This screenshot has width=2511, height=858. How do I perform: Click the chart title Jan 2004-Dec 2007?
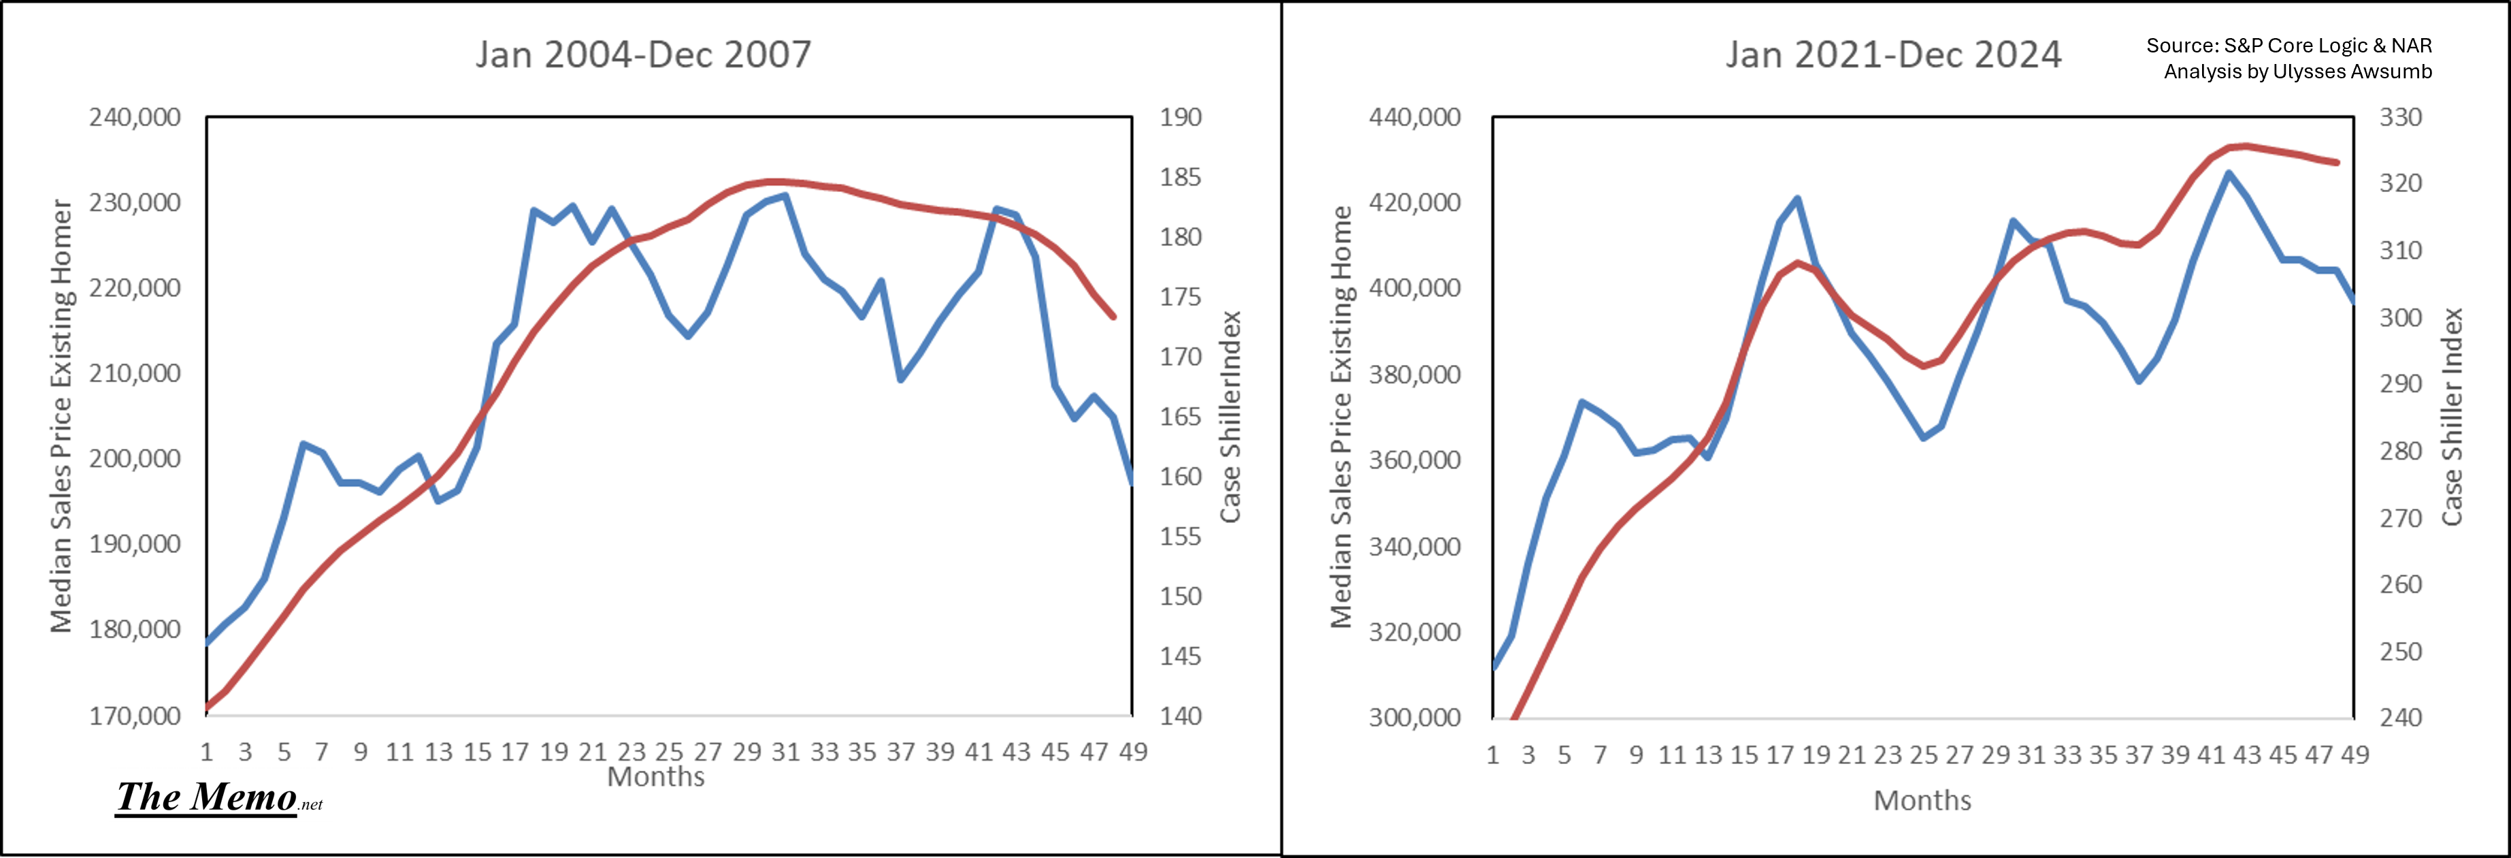pos(643,54)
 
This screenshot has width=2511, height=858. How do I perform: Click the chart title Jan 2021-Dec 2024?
pos(1893,54)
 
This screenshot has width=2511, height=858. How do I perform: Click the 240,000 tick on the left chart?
pos(135,118)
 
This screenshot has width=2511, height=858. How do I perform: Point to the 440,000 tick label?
pos(1414,118)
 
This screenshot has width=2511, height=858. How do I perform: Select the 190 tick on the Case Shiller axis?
pos(1181,118)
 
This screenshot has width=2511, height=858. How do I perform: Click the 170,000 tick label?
pos(135,716)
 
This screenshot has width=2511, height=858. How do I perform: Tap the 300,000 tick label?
pos(1414,718)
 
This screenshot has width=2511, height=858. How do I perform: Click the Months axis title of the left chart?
pos(656,777)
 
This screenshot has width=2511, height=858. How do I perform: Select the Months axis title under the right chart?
pos(1922,801)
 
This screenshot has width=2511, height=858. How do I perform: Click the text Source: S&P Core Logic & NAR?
pos(2288,46)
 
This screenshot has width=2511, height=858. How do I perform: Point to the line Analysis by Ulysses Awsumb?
pos(2297,71)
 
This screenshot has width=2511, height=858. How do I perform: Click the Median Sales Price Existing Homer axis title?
pos(61,416)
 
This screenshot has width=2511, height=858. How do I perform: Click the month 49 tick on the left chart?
pos(1133,752)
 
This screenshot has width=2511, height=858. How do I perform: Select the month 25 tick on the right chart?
pos(1923,754)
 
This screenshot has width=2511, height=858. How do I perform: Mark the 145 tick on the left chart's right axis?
pos(1181,656)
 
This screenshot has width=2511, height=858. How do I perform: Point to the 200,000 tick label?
pos(135,458)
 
